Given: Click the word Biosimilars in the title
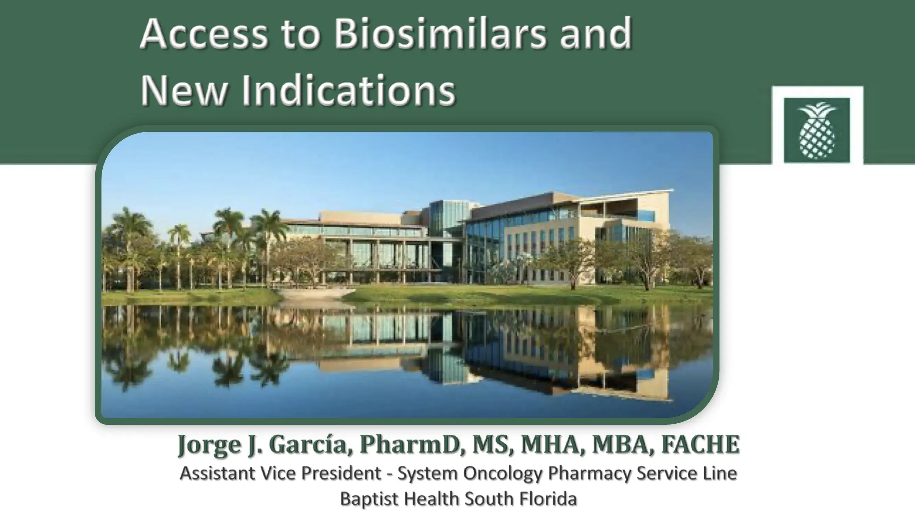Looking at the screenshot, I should [x=439, y=34].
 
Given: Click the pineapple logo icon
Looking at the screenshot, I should [x=817, y=130].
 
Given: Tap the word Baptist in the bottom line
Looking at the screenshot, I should [x=369, y=498].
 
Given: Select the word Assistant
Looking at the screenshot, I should [x=217, y=473].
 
